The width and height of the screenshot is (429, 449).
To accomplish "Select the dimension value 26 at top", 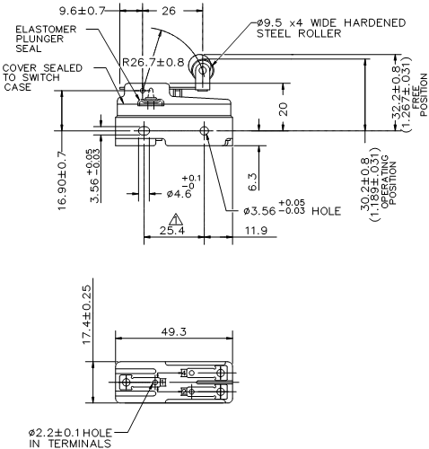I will [x=168, y=12].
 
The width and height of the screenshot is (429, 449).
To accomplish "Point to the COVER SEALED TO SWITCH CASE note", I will [x=37, y=78].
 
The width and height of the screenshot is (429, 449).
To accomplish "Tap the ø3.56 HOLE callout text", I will [x=287, y=212].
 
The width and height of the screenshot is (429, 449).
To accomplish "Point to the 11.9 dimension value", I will [x=230, y=231].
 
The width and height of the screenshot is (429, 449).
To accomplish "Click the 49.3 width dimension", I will [x=172, y=331].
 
